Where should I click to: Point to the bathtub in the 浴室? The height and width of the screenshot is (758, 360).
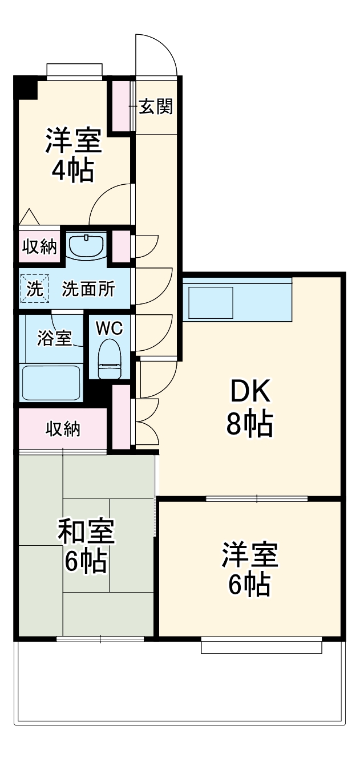click(51, 383)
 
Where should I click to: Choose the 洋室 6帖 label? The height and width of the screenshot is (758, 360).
click(249, 569)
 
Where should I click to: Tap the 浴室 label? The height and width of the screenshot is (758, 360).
click(54, 338)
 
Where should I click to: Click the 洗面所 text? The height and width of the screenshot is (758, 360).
click(88, 289)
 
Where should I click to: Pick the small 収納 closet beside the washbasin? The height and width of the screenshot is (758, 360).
click(39, 246)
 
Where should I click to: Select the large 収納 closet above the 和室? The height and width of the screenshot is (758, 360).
click(63, 429)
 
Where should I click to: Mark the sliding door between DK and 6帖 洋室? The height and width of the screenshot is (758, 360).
click(257, 498)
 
